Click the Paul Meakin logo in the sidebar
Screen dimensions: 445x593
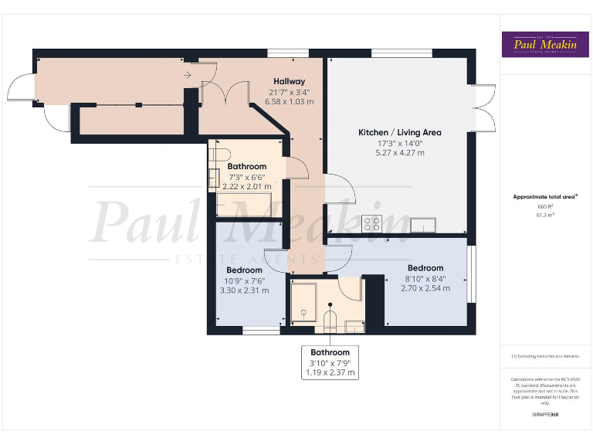tap(546, 44)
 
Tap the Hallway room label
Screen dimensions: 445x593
tap(289, 81)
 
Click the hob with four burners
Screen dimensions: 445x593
tap(371, 223)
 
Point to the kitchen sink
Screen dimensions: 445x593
tap(423, 225)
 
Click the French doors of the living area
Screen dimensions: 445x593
tap(484, 106)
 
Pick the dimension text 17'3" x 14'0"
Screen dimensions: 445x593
tap(399, 143)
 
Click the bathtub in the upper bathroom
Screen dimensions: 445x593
tap(240, 206)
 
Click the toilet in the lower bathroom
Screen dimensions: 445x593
tap(330, 320)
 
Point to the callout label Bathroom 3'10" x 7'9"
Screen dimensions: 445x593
tap(330, 362)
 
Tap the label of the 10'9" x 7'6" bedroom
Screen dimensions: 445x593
tap(243, 270)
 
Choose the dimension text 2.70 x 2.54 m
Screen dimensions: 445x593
tap(424, 288)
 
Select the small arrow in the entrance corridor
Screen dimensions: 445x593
tap(188, 75)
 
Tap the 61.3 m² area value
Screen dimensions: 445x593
tap(545, 215)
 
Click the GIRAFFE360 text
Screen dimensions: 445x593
tap(545, 415)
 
